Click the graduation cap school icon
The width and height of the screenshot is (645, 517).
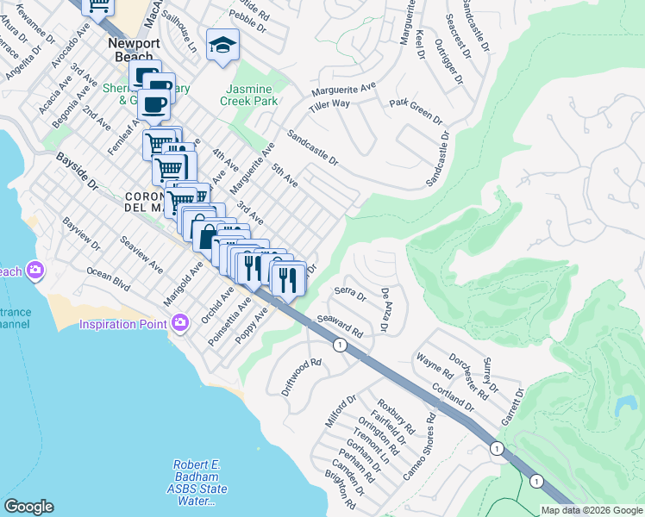[x=222, y=45]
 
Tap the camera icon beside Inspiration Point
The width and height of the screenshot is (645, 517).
[x=179, y=324]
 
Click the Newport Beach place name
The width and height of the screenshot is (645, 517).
[x=129, y=50]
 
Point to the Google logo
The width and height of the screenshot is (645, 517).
[x=28, y=507]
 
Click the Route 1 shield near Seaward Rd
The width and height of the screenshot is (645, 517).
[x=340, y=345]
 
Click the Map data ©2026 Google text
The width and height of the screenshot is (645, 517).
[x=592, y=510]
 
